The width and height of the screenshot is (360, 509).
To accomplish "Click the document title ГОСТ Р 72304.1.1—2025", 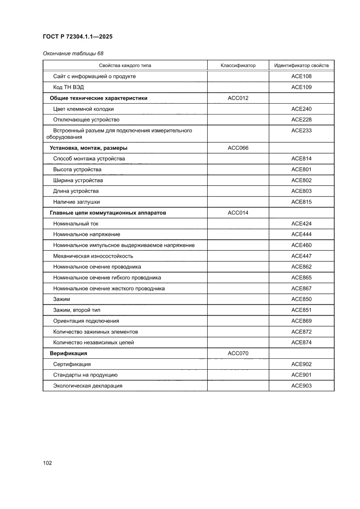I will pyautogui.click(x=77, y=37).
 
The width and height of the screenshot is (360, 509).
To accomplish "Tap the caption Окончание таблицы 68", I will pyautogui.click(x=73, y=54).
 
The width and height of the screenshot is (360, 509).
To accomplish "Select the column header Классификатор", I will pyautogui.click(x=238, y=65).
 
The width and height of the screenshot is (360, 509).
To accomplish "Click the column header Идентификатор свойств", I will pyautogui.click(x=301, y=65).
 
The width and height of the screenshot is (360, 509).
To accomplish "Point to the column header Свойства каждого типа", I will pyautogui.click(x=125, y=65).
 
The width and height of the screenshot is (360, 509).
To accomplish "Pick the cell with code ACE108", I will pyautogui.click(x=301, y=76).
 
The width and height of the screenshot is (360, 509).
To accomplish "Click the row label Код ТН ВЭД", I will pyautogui.click(x=68, y=87).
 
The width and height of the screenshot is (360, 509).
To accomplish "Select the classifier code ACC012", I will pyautogui.click(x=238, y=98).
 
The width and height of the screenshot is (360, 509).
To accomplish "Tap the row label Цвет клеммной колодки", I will pyautogui.click(x=84, y=109).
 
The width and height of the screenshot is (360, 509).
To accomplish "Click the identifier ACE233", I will pyautogui.click(x=301, y=130).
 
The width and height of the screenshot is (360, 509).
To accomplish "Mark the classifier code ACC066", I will pyautogui.click(x=238, y=148).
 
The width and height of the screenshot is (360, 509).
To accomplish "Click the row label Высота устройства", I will pyautogui.click(x=77, y=169).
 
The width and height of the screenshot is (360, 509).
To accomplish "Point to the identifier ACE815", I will pyautogui.click(x=301, y=202).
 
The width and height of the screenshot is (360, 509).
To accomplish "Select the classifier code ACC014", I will pyautogui.click(x=238, y=213).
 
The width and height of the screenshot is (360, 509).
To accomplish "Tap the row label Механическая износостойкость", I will pyautogui.click(x=93, y=256).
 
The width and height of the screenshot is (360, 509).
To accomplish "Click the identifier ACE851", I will pyautogui.click(x=301, y=310).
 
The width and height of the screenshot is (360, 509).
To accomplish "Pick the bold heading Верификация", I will pyautogui.click(x=68, y=353).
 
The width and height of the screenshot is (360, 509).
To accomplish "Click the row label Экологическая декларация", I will pyautogui.click(x=88, y=386).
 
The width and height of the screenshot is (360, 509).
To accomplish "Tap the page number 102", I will pyautogui.click(x=47, y=463).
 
